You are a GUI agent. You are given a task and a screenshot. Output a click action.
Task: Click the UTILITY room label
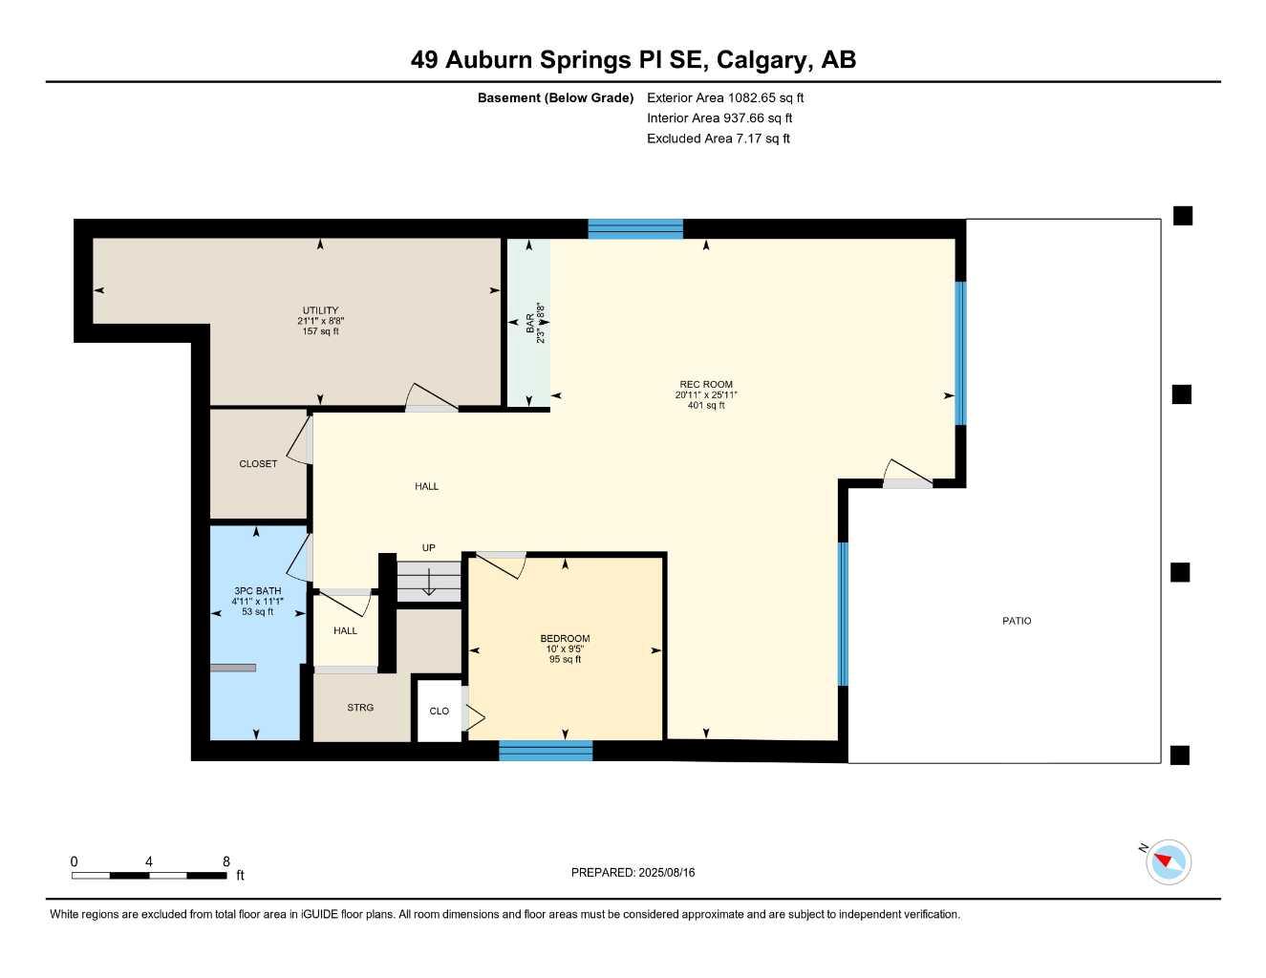coord(320,310)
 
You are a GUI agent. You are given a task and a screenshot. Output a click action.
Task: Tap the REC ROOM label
coord(706,384)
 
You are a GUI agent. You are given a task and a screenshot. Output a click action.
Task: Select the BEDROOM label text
coord(565,638)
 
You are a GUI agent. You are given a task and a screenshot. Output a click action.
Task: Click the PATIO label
coord(1017,621)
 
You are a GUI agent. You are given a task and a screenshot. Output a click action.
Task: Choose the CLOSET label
coord(258,464)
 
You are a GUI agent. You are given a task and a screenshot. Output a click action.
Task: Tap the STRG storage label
coord(360,708)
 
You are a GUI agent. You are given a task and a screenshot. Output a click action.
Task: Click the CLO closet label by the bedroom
coord(440,712)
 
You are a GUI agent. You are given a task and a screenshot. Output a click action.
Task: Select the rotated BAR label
coord(530,323)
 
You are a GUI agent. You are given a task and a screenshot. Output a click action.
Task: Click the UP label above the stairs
coord(429,548)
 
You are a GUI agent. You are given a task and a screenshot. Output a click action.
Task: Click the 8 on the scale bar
coord(226,861)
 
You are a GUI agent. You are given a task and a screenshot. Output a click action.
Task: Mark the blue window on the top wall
coord(635,228)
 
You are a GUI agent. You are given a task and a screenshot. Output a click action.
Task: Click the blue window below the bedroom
coord(546,751)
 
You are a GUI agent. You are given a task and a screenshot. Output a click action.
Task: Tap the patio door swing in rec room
coord(907,473)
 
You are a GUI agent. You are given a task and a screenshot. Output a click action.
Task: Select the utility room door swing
coord(431,398)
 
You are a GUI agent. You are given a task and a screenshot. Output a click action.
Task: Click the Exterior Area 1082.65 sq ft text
coord(725,97)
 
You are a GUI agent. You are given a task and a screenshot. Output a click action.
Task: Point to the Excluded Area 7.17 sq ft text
coord(718,138)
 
